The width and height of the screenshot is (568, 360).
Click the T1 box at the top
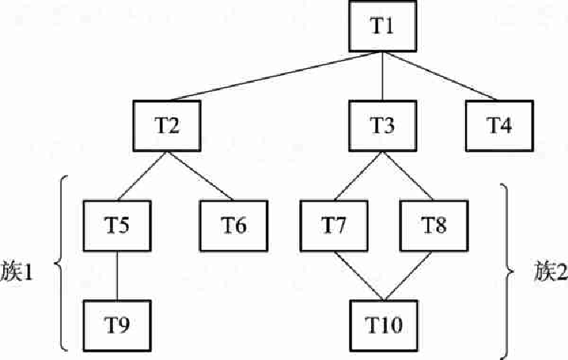tap(382, 26)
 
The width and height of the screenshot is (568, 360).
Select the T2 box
tap(167, 126)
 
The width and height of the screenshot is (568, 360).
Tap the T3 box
tap(382, 126)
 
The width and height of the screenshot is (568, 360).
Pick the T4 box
tap(499, 126)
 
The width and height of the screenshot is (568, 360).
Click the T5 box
tap(117, 226)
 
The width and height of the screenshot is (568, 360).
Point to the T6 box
tap(234, 226)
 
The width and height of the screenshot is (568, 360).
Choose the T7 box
tap(334, 226)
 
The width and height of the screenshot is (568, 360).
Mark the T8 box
tap(434, 226)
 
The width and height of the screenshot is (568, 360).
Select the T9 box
tap(117, 325)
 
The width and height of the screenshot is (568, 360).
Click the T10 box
tap(384, 325)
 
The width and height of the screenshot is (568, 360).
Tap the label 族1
tap(17, 271)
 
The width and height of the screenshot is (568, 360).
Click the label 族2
tap(551, 271)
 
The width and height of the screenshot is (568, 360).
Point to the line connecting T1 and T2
tap(276, 76)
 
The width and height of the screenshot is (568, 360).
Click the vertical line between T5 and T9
tap(117, 276)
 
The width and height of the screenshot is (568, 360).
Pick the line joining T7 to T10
tap(359, 276)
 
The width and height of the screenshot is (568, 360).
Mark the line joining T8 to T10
tap(408, 276)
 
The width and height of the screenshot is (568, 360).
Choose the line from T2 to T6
tap(200, 176)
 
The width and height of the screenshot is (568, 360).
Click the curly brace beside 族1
tap(61, 263)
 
